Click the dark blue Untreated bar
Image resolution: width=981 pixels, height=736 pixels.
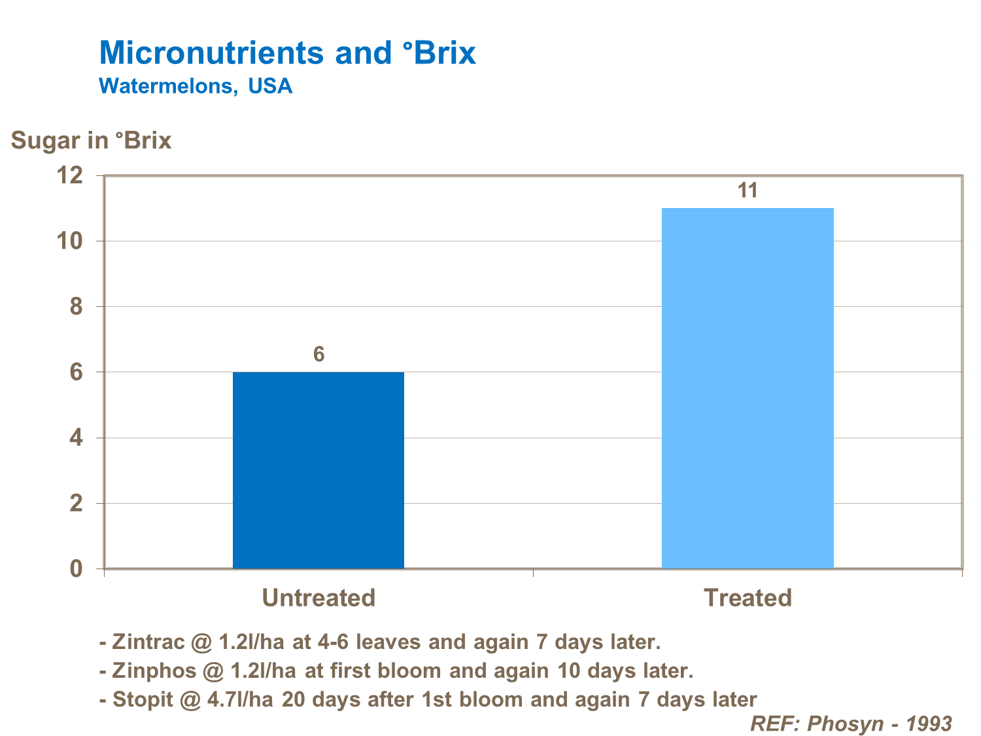tap(318, 470)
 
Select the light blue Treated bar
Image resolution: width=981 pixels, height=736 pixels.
tap(748, 388)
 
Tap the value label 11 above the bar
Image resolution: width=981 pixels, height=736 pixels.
tap(748, 191)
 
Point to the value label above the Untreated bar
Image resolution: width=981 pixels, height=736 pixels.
tap(318, 355)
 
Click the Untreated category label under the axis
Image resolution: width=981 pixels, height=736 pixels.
tap(318, 598)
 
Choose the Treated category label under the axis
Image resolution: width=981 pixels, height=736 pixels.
tap(748, 598)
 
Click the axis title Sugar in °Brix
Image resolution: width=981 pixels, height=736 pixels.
tap(92, 141)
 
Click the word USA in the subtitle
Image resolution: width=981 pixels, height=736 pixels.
tap(270, 86)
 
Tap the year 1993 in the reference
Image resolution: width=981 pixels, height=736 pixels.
tap(929, 724)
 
